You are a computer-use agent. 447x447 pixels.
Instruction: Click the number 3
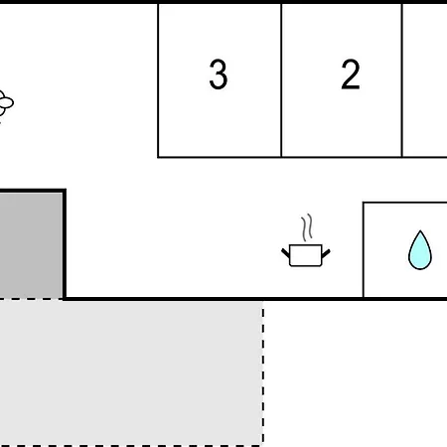[x=219, y=74]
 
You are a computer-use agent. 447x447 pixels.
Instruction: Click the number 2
[x=351, y=74]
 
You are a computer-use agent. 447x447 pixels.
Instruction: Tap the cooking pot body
[x=306, y=255]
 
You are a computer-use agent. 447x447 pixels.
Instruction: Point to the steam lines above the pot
[x=307, y=227]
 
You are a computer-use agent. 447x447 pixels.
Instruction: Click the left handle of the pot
[x=285, y=253]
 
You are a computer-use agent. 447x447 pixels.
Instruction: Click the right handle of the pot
[x=326, y=253]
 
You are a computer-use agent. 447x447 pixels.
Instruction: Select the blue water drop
[x=420, y=250]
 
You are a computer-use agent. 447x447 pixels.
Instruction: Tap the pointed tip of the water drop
[x=420, y=230]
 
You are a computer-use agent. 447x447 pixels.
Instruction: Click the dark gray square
[x=31, y=245]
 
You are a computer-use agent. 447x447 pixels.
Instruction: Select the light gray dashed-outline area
[x=131, y=372]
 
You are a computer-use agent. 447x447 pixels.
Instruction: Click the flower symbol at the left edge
[x=6, y=103]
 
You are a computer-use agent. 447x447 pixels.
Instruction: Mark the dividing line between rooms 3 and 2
[x=281, y=80]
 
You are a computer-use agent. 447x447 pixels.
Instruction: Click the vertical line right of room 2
[x=402, y=80]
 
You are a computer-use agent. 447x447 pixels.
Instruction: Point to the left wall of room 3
[x=158, y=80]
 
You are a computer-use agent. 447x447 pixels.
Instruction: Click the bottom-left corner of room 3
[x=158, y=157]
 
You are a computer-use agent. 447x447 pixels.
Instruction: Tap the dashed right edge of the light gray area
[x=263, y=372]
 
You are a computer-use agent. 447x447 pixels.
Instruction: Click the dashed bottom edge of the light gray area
[x=131, y=446]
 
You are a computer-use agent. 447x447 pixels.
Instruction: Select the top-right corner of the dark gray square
[x=65, y=191]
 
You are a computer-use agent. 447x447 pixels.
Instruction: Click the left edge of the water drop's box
[x=364, y=250]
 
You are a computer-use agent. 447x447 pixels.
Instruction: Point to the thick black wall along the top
[x=223, y=2]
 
